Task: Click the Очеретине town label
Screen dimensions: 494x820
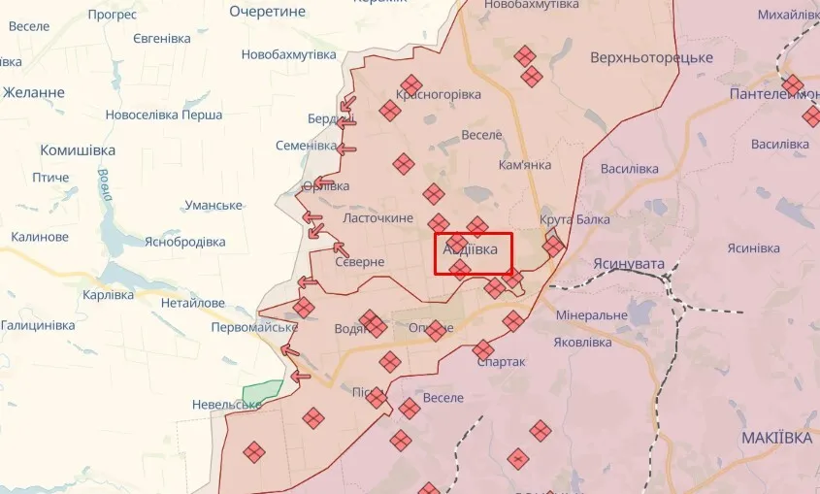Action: pyautogui.click(x=268, y=11)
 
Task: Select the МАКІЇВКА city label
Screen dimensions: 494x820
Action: pyautogui.click(x=776, y=438)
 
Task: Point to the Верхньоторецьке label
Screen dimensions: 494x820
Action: pyautogui.click(x=650, y=57)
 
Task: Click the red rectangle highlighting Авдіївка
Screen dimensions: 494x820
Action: pyautogui.click(x=473, y=253)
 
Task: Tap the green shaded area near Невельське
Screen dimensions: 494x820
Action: pyautogui.click(x=260, y=393)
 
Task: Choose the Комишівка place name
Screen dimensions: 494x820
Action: pyautogui.click(x=78, y=150)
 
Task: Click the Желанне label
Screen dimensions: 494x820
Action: pyautogui.click(x=34, y=92)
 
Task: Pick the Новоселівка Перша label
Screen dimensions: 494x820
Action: pyautogui.click(x=164, y=115)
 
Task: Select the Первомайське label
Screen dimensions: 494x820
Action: pyautogui.click(x=254, y=327)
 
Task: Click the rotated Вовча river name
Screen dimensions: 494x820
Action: pyautogui.click(x=104, y=184)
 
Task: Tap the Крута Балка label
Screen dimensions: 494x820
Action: pyautogui.click(x=574, y=219)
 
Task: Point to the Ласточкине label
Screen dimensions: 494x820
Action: pyautogui.click(x=378, y=218)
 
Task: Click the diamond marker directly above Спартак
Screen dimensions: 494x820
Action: pyautogui.click(x=483, y=348)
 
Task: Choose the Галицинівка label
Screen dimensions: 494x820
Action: pyautogui.click(x=38, y=325)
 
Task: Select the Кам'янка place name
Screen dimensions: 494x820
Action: pyautogui.click(x=524, y=164)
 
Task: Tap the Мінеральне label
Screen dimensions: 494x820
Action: pyautogui.click(x=592, y=316)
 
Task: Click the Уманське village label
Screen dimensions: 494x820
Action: pyautogui.click(x=213, y=205)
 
